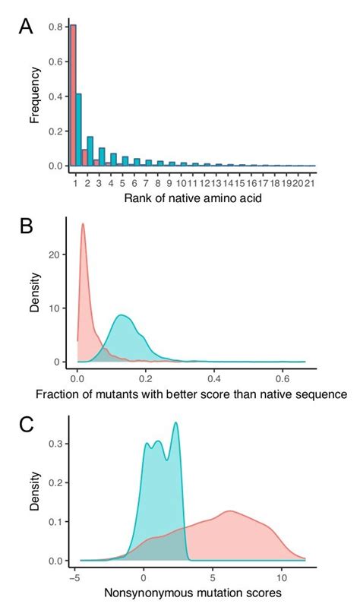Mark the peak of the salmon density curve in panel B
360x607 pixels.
click(83, 224)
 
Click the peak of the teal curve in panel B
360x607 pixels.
click(122, 316)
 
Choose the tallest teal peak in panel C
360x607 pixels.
click(176, 423)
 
